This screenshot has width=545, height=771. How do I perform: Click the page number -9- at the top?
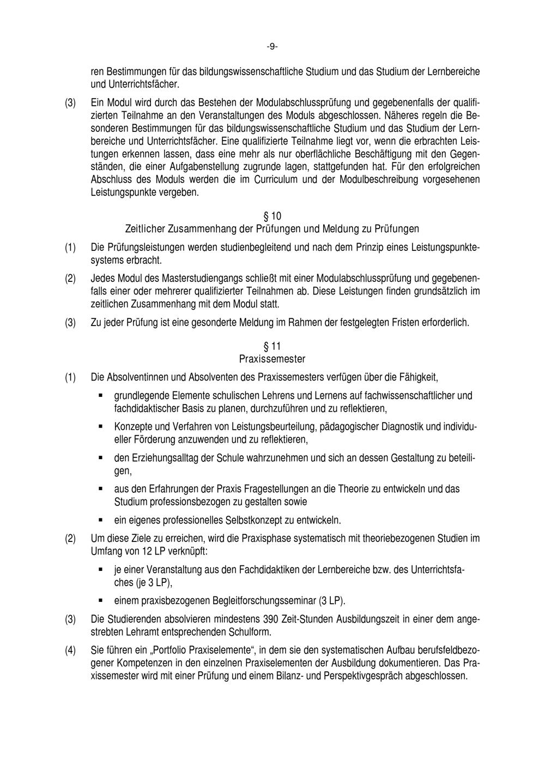(x=272, y=47)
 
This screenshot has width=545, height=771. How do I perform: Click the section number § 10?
(x=272, y=216)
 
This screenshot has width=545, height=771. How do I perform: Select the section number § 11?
(x=272, y=347)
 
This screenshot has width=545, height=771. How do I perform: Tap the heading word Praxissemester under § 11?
(x=272, y=359)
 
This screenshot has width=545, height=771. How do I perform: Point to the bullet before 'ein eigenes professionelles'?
(x=101, y=520)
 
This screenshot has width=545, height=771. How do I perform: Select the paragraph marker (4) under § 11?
(x=71, y=650)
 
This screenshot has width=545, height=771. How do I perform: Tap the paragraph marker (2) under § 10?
(x=71, y=279)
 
